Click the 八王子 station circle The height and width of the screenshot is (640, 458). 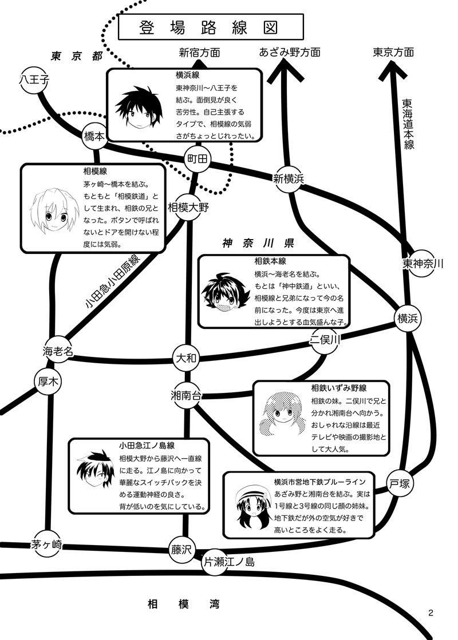point(34,79)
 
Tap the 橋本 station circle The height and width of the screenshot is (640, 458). point(95,136)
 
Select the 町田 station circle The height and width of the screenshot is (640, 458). point(197,159)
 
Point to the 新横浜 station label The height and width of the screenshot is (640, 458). point(289,178)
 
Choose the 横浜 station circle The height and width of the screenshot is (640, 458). point(408,319)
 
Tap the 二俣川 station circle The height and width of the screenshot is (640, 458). point(325,339)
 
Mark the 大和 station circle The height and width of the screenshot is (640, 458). point(186,358)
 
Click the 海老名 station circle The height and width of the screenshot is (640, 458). point(58,351)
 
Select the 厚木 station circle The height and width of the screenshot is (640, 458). point(48,381)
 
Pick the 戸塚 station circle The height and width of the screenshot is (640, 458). point(400,484)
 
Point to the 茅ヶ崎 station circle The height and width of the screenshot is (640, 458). point(46,544)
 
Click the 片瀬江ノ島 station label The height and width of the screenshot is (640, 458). point(229,562)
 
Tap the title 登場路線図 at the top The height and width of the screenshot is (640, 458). point(211,27)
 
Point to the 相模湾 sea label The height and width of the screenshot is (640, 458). point(184,603)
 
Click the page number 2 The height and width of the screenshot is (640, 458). point(431,612)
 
